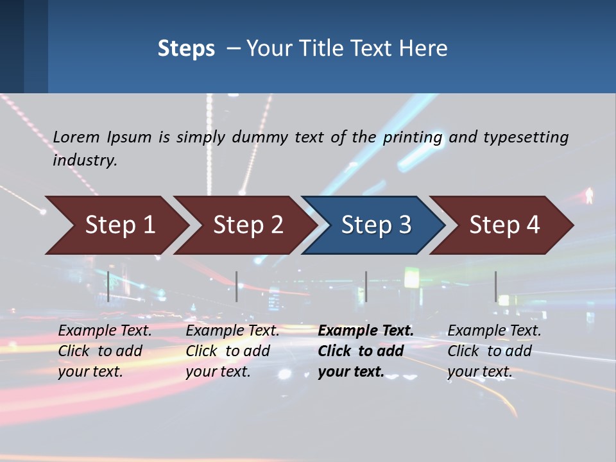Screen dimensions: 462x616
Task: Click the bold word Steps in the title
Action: pos(186,48)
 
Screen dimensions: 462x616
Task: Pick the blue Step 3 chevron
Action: pos(376,225)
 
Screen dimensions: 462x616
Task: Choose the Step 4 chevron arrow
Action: pos(504,225)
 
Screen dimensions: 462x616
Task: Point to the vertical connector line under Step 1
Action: pos(108,286)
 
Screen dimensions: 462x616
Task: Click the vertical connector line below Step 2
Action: pos(237,286)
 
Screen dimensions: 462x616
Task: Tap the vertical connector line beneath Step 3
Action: pos(366,286)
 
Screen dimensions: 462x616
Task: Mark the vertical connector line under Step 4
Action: pos(495,286)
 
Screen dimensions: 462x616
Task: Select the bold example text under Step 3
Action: pos(365,351)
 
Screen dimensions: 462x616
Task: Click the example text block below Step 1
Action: pos(105,351)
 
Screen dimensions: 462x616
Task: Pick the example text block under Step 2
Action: pos(232,351)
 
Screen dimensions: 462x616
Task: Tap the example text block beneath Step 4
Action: pos(494,351)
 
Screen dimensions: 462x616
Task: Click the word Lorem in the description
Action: pos(76,137)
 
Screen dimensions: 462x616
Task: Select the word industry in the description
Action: pos(85,160)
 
